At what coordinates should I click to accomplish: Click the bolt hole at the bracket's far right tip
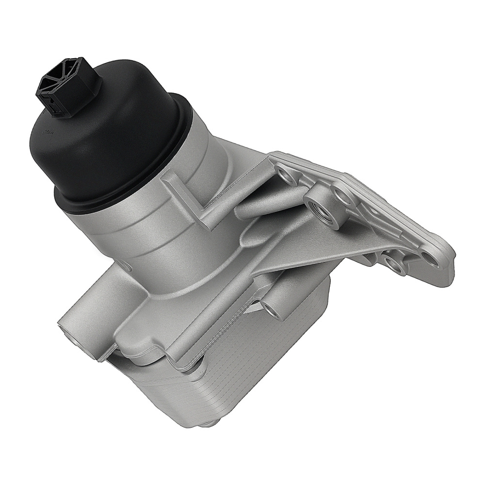tap(428, 256)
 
